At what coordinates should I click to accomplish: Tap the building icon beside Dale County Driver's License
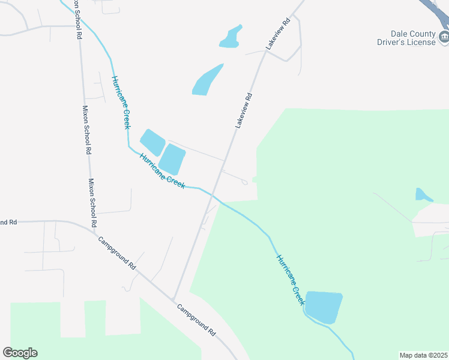click(x=444, y=38)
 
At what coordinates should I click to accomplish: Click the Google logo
click(x=20, y=352)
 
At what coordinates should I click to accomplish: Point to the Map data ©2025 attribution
click(x=423, y=355)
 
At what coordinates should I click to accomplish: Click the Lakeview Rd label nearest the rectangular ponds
click(x=244, y=110)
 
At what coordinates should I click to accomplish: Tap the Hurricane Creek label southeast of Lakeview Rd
click(x=291, y=280)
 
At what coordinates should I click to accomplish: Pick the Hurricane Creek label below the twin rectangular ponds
click(x=162, y=171)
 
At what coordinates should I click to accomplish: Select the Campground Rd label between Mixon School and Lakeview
click(x=117, y=253)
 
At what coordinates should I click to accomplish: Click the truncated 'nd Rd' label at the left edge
click(x=8, y=222)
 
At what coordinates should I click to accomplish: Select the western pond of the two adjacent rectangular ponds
click(x=152, y=142)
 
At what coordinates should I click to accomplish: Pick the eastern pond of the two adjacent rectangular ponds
click(x=172, y=160)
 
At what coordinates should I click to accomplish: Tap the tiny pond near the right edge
click(x=423, y=194)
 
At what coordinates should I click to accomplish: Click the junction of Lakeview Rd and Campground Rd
click(x=173, y=299)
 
